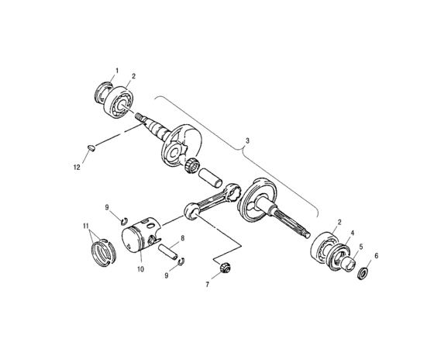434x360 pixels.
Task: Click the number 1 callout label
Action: pos(117,71)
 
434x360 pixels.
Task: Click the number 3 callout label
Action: pos(247,140)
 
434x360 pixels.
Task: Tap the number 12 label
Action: pos(77,166)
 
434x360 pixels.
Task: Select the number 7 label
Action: pos(207,285)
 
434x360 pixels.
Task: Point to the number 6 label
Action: pos(377,255)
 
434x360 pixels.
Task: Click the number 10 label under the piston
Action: pos(141,270)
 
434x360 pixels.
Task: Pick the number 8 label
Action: pos(181,238)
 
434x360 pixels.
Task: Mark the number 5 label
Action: pos(361,247)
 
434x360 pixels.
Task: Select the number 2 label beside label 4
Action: pos(336,223)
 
